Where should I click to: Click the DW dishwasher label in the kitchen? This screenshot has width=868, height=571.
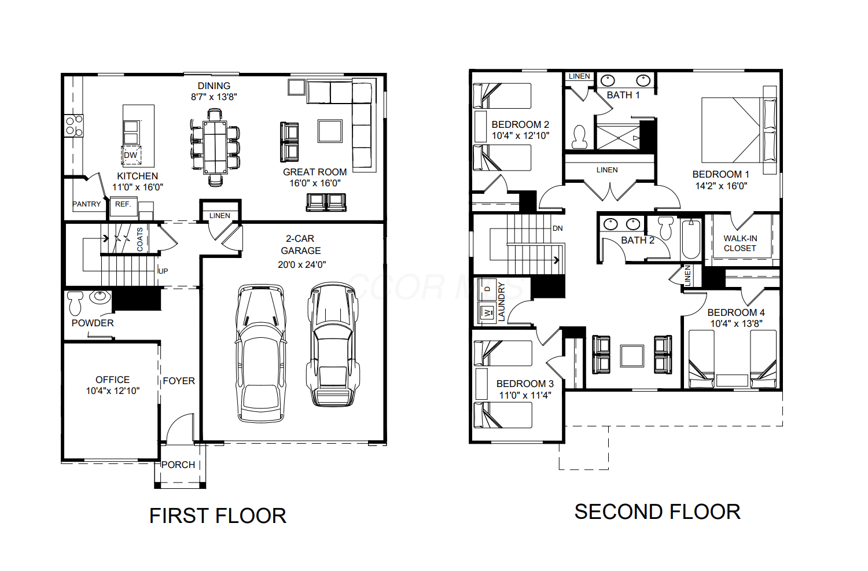click(131, 156)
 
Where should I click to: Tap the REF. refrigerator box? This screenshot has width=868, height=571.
click(123, 207)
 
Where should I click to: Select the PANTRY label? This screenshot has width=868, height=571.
click(86, 204)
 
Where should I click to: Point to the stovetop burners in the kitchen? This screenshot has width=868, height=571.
click(73, 126)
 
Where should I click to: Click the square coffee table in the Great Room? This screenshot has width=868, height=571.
click(330, 131)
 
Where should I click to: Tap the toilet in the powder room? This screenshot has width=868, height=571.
click(75, 303)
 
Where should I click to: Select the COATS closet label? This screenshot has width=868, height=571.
click(140, 240)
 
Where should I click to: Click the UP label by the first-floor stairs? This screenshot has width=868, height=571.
click(163, 271)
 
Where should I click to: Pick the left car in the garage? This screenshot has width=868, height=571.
click(261, 353)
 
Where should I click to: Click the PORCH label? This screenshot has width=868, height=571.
click(178, 465)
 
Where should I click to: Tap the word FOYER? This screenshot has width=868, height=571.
click(179, 381)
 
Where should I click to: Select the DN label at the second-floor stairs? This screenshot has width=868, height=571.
click(558, 229)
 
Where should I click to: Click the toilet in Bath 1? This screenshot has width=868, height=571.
click(580, 137)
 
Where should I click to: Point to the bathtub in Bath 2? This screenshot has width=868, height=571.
click(691, 239)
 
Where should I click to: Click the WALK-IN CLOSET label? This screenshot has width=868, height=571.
click(740, 244)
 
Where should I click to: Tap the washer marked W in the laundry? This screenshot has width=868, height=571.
click(487, 312)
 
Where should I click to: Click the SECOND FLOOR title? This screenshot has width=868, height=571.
click(657, 512)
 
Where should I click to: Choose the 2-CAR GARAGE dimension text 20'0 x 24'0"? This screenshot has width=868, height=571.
click(301, 264)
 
